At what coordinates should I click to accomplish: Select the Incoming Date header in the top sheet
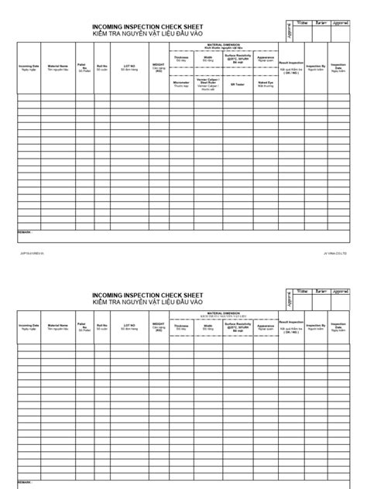tap(29, 67)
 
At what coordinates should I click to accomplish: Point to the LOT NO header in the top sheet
tap(129, 67)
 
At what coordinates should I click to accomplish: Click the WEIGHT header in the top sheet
tap(158, 68)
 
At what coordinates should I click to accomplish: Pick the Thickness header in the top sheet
tap(181, 57)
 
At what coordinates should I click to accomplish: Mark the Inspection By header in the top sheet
tap(315, 67)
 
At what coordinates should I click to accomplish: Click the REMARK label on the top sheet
tap(26, 231)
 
